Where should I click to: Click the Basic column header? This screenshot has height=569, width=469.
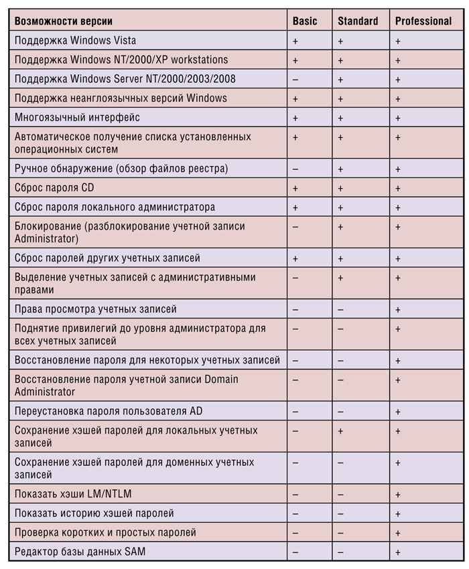[x=305, y=21]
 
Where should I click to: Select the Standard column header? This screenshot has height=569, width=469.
[x=358, y=21]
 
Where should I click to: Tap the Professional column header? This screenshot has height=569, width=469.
[x=423, y=21]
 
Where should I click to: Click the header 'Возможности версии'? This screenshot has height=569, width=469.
[x=64, y=21]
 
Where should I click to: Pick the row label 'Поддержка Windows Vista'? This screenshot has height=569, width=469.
[x=75, y=41]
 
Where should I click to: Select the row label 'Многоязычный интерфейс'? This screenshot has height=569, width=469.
[x=77, y=117]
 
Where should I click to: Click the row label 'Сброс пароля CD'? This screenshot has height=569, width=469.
[x=55, y=188]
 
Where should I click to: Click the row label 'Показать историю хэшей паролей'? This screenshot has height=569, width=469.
[x=94, y=513]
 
